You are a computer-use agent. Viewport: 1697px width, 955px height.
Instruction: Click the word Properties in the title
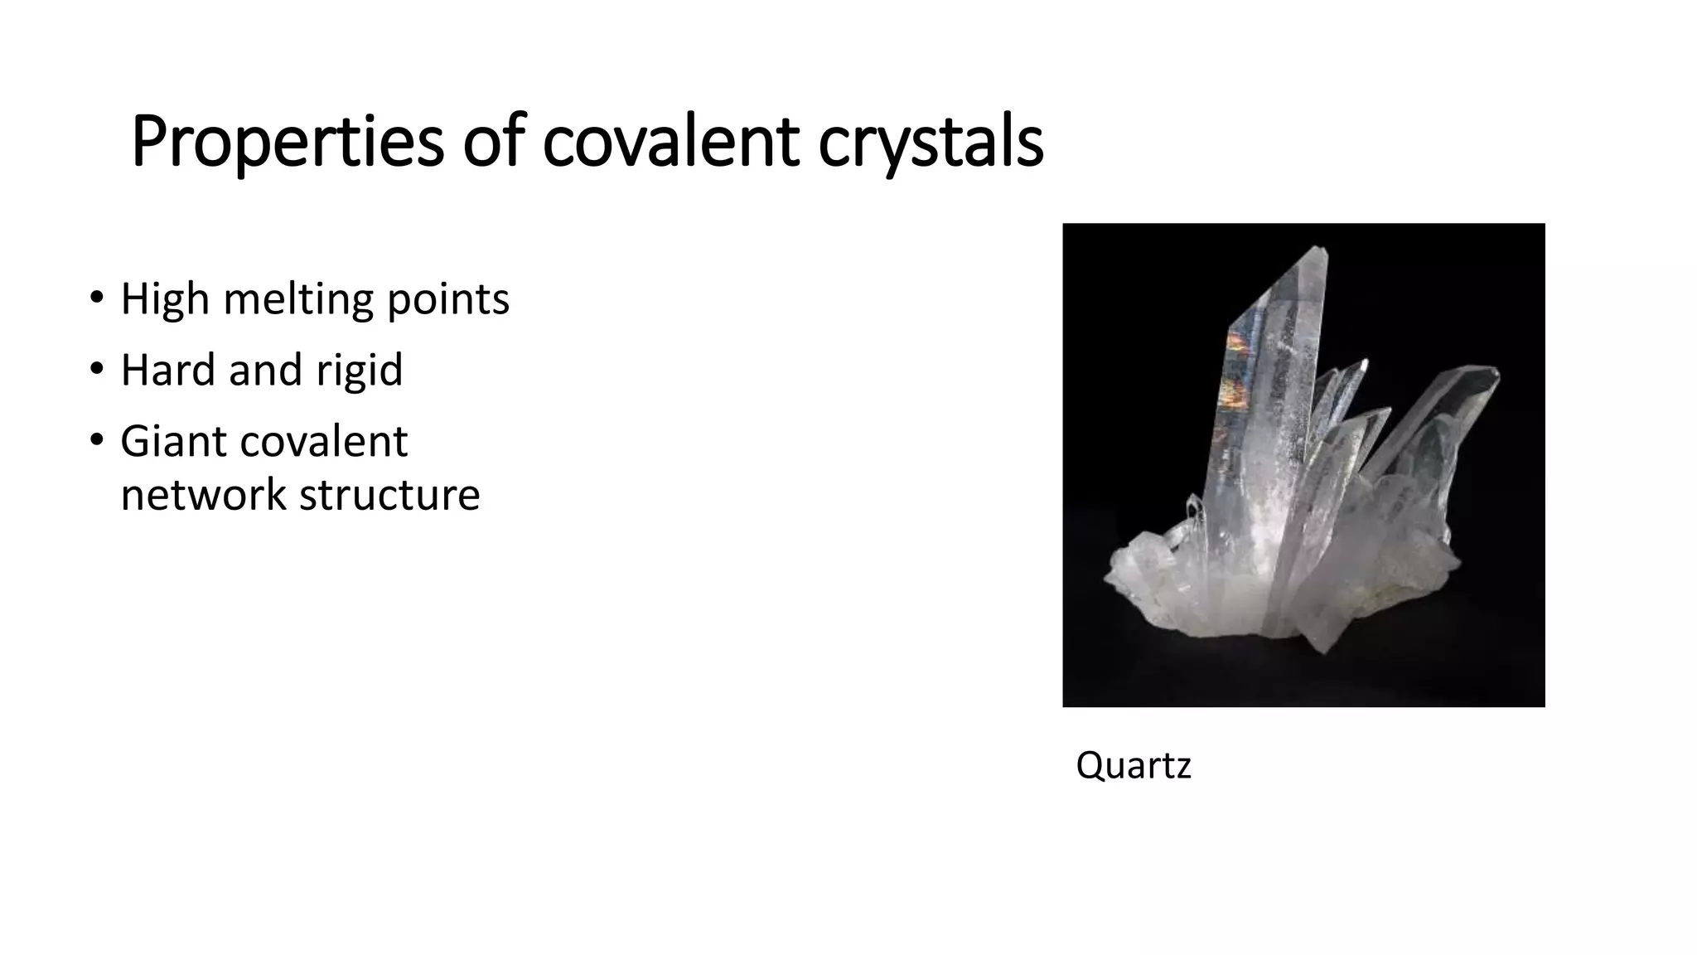(287, 143)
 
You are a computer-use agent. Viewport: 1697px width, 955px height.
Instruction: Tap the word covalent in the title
(670, 143)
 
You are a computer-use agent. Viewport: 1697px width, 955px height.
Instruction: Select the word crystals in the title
(931, 143)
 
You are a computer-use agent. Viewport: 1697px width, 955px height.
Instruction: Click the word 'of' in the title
(493, 143)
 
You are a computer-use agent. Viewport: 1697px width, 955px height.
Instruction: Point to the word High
(164, 299)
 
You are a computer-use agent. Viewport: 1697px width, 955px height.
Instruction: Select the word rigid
(359, 370)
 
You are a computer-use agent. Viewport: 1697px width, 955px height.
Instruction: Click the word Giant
(172, 441)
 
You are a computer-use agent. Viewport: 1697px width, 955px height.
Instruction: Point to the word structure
(389, 495)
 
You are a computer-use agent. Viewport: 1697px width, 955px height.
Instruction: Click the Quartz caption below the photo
(1133, 764)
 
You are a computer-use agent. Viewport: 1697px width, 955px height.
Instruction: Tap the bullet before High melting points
(96, 297)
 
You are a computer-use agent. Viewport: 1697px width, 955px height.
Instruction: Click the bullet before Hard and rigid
(96, 368)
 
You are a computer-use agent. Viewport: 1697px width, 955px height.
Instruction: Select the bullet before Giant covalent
(96, 439)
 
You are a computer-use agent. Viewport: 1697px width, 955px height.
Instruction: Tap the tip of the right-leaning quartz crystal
(1493, 371)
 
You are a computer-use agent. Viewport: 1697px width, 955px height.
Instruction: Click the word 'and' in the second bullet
(264, 370)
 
